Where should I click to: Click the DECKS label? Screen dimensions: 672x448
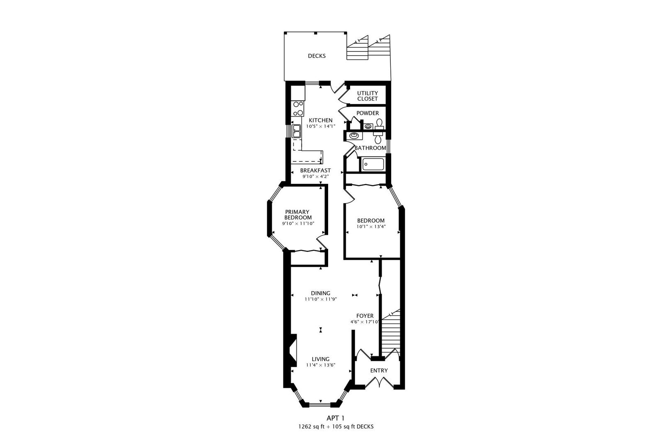pyautogui.click(x=317, y=56)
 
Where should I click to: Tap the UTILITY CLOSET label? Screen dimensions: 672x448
pyautogui.click(x=368, y=96)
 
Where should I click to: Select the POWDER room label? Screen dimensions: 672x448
pyautogui.click(x=368, y=113)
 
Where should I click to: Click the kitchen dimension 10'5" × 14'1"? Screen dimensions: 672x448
pyautogui.click(x=321, y=127)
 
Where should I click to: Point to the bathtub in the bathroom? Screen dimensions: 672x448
pyautogui.click(x=373, y=164)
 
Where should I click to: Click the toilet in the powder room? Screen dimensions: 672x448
pyautogui.click(x=379, y=124)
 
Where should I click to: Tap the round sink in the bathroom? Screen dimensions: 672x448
pyautogui.click(x=354, y=136)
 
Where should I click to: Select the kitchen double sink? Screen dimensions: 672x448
pyautogui.click(x=297, y=131)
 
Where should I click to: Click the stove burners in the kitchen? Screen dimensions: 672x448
pyautogui.click(x=298, y=109)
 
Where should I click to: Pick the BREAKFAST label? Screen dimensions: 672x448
pyautogui.click(x=316, y=170)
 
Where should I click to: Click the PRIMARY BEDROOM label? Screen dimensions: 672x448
pyautogui.click(x=298, y=214)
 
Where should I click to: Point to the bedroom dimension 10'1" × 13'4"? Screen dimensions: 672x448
pyautogui.click(x=371, y=227)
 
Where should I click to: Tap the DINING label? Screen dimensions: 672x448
pyautogui.click(x=321, y=293)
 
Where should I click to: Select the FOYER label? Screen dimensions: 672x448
pyautogui.click(x=365, y=316)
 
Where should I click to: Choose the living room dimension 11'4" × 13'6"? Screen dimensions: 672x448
pyautogui.click(x=321, y=365)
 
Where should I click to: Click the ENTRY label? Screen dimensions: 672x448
pyautogui.click(x=379, y=370)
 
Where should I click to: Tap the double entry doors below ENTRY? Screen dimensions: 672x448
pyautogui.click(x=379, y=382)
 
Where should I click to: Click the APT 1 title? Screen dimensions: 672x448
pyautogui.click(x=336, y=418)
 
